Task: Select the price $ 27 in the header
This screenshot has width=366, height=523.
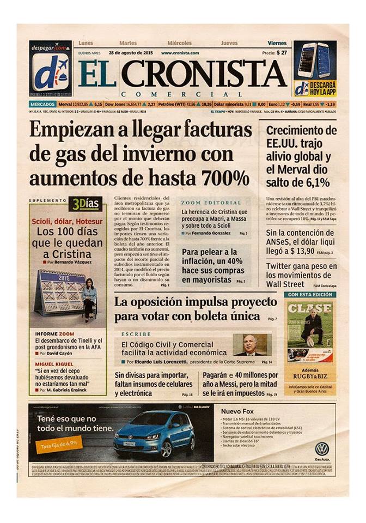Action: click(x=282, y=53)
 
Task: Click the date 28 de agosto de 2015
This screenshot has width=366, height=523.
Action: click(x=131, y=53)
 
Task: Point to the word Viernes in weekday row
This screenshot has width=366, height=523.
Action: click(x=277, y=42)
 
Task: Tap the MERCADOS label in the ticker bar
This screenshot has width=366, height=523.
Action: click(x=42, y=104)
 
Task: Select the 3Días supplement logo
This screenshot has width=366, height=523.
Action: click(x=84, y=204)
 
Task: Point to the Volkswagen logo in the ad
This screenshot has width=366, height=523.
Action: click(x=322, y=448)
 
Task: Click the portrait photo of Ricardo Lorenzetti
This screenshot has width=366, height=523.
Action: click(x=251, y=344)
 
